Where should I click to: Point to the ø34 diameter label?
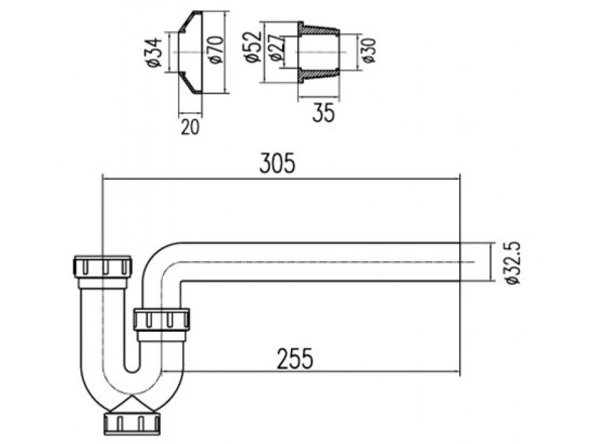(154, 53)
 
